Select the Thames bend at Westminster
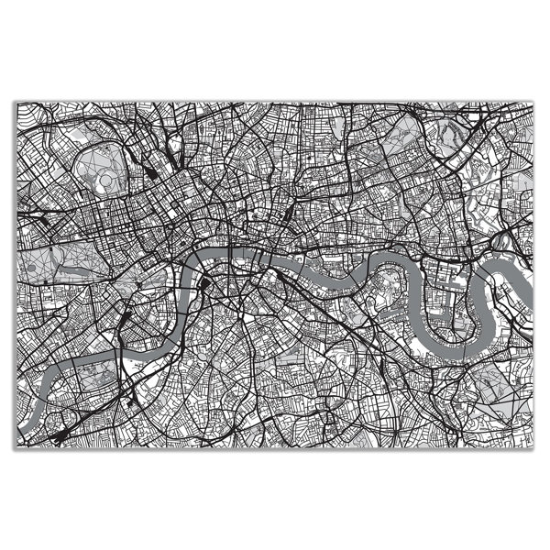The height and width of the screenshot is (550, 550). [187, 275]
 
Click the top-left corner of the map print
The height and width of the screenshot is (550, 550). [16, 102]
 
